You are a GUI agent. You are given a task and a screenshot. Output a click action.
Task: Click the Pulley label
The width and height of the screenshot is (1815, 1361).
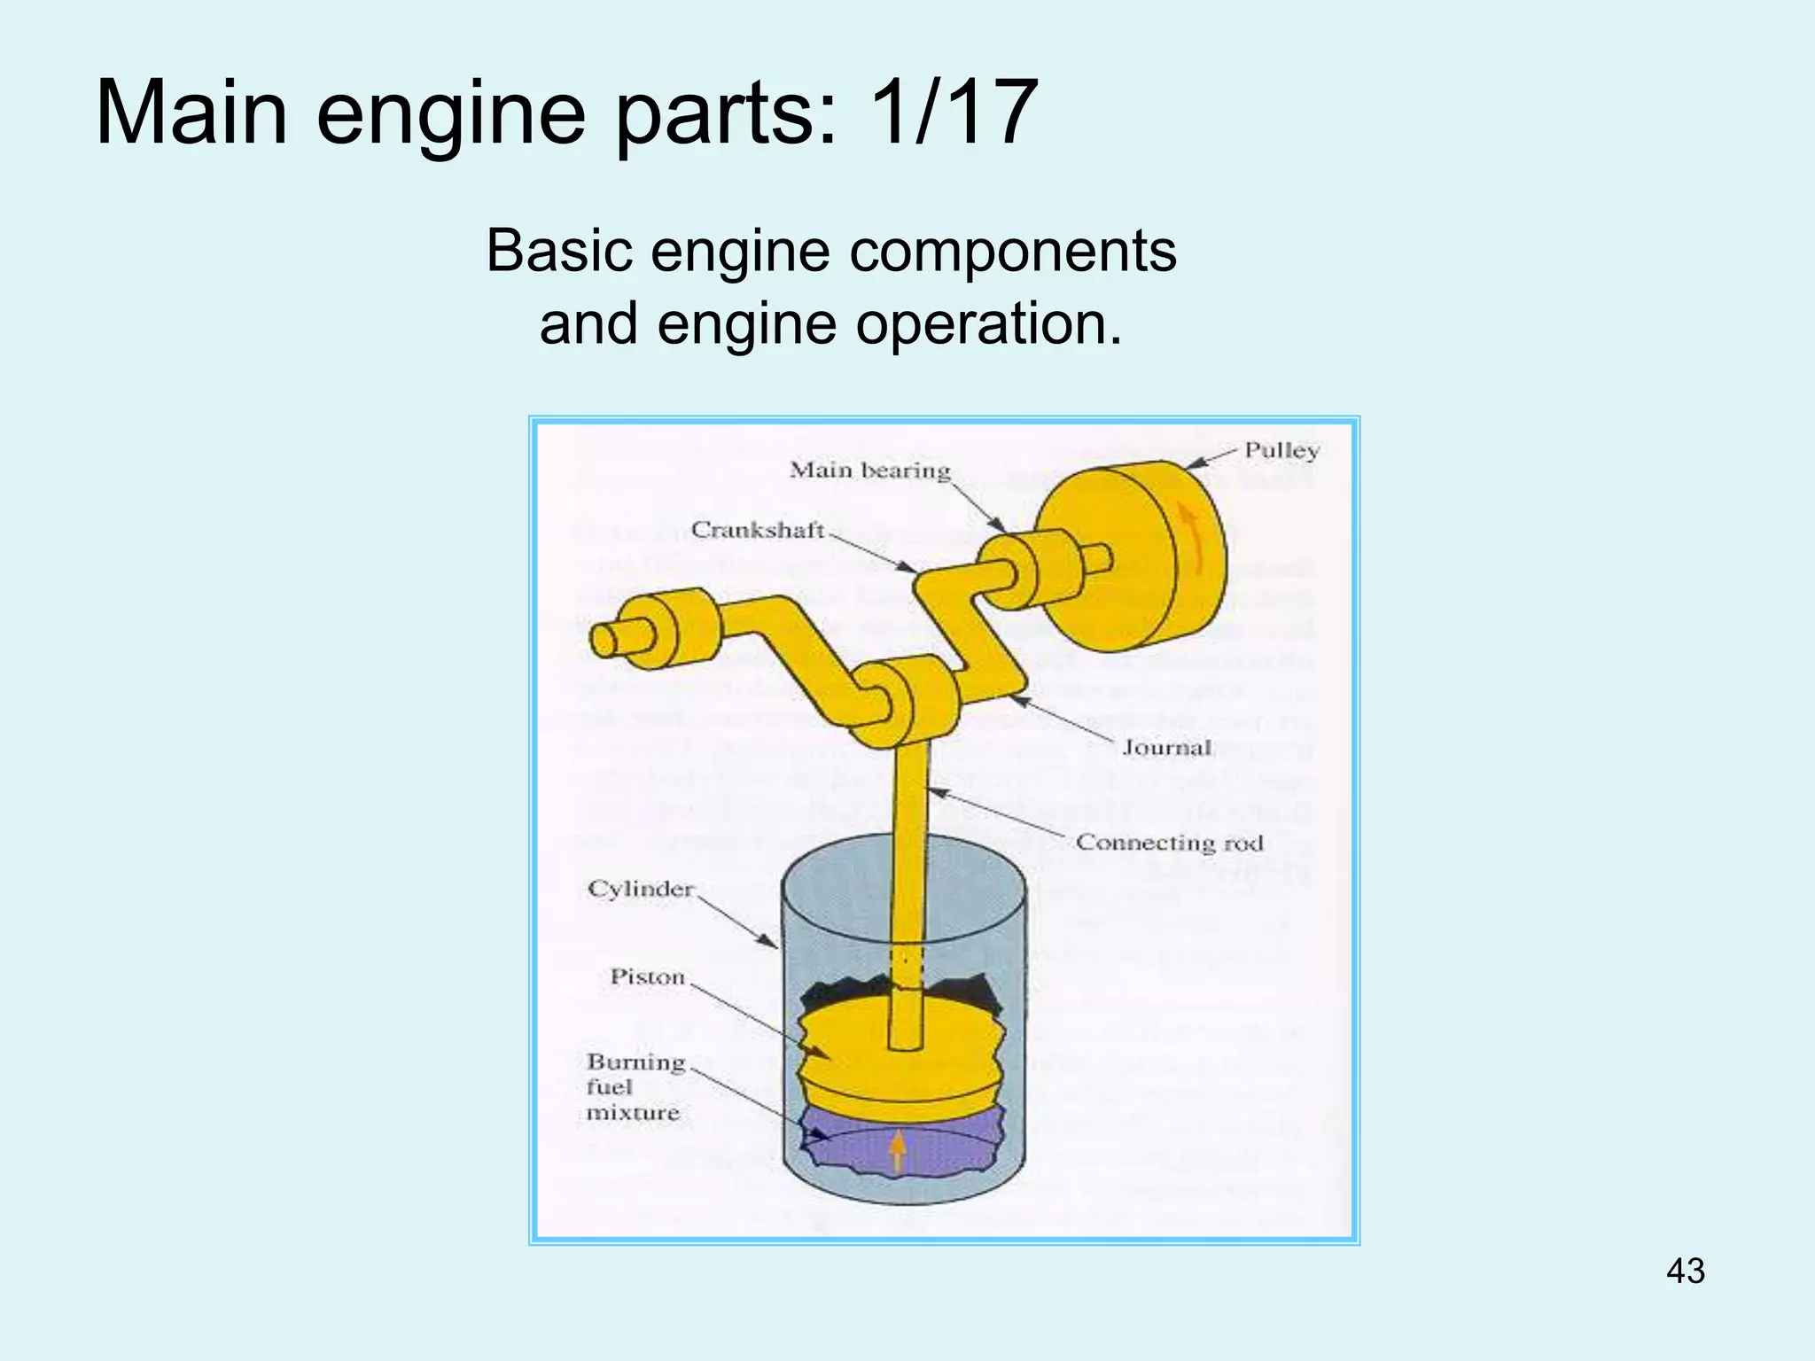(x=1281, y=451)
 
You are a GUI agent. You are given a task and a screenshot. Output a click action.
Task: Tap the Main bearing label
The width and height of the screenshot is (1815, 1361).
(x=869, y=471)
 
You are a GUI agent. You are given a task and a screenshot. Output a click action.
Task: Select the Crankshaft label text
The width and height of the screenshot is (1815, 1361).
(x=757, y=530)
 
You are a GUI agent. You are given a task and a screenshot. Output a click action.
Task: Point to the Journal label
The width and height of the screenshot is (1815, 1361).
(x=1166, y=748)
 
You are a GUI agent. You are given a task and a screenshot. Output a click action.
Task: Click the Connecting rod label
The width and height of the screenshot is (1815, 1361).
(x=1169, y=843)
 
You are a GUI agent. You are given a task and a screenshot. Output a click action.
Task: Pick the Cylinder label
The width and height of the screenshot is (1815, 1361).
(x=641, y=889)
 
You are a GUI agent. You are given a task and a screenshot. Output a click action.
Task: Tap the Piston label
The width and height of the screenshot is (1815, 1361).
(x=648, y=976)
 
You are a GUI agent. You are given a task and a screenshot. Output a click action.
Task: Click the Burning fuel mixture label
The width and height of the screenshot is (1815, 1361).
(x=634, y=1086)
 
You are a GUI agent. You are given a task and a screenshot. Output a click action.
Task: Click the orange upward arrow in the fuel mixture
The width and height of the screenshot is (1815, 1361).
(x=898, y=1151)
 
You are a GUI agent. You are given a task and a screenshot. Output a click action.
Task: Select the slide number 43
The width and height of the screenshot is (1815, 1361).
(x=1685, y=1271)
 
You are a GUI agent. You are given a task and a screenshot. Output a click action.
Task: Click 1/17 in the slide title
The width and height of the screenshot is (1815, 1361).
(x=953, y=113)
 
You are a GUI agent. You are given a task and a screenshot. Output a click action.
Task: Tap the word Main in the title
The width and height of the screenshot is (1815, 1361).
(x=191, y=113)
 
